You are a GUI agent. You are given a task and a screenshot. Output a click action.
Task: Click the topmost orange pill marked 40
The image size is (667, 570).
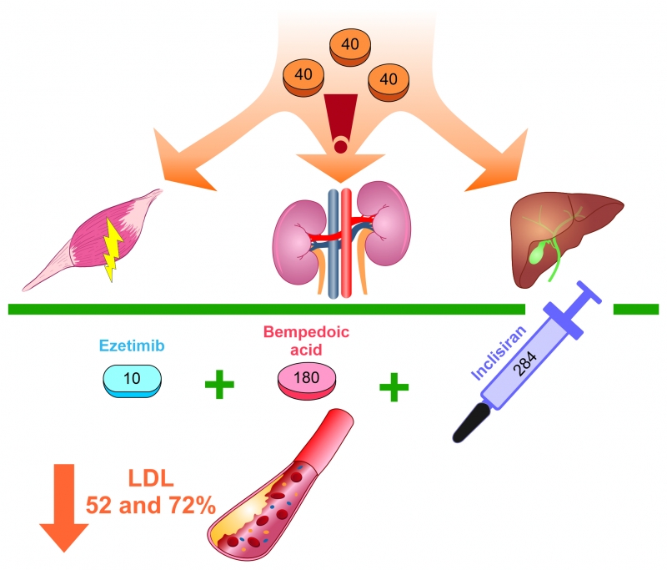350,47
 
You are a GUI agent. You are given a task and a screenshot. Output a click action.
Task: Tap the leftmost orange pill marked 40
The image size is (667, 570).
303,78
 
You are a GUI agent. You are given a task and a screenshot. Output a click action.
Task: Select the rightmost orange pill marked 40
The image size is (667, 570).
389,82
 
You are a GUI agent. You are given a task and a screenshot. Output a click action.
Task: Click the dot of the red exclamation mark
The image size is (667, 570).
340,147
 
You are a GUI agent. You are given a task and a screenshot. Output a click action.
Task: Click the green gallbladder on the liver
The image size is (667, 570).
537,252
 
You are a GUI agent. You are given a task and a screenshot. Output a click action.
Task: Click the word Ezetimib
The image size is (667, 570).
132,346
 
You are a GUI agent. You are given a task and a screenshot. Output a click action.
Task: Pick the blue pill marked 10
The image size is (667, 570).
133,381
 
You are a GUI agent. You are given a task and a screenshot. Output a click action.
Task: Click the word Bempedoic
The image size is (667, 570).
306,331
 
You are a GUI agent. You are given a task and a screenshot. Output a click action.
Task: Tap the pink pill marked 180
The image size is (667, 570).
307,381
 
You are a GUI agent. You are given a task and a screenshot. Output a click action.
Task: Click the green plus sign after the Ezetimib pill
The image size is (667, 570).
219,385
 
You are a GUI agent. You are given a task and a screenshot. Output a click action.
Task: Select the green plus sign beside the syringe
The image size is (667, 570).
394,387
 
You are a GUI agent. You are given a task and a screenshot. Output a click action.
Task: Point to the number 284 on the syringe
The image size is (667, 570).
525,363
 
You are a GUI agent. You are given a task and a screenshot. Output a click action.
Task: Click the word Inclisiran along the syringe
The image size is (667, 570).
499,352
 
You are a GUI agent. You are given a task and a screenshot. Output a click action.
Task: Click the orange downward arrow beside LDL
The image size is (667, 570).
64,507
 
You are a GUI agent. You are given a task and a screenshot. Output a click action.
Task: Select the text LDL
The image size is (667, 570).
151,478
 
